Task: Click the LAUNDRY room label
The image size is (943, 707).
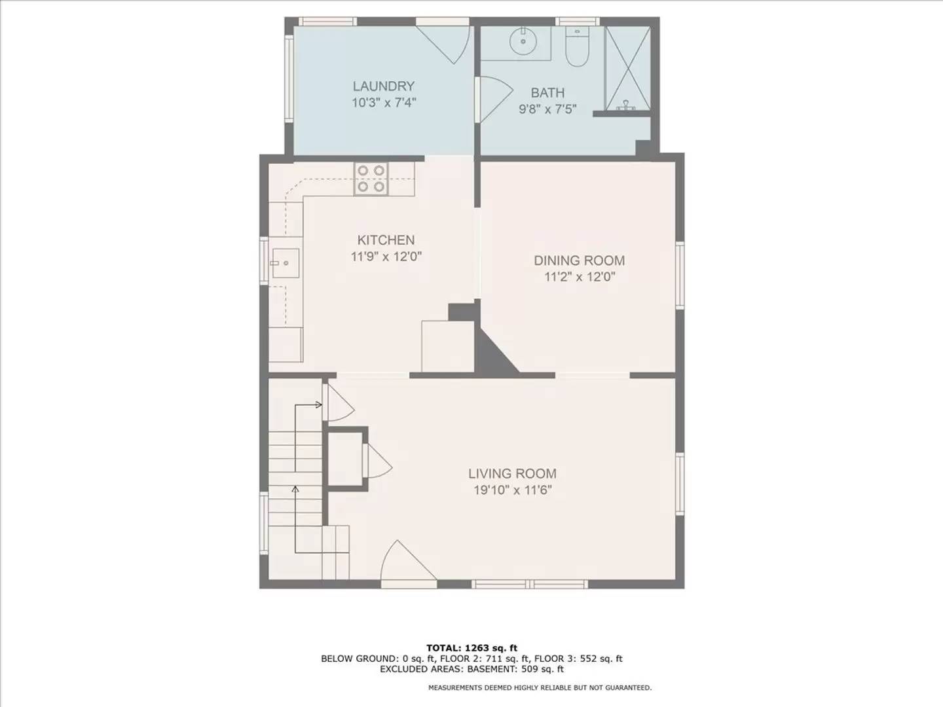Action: click(384, 86)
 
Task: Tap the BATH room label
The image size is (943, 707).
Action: click(547, 93)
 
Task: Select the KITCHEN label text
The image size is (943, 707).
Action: click(386, 240)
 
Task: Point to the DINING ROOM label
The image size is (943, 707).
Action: click(579, 261)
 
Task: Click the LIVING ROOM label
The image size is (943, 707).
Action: click(512, 473)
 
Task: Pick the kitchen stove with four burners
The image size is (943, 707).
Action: click(371, 179)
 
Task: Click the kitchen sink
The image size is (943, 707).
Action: click(286, 263)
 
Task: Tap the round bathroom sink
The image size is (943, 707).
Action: click(523, 41)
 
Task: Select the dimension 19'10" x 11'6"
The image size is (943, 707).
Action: click(512, 490)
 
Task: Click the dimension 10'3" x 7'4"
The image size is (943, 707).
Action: click(384, 103)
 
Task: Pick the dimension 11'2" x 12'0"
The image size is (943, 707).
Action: click(579, 277)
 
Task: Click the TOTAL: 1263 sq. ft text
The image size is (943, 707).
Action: click(471, 648)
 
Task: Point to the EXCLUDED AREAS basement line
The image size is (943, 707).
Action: click(471, 669)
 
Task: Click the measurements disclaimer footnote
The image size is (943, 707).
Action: click(540, 688)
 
